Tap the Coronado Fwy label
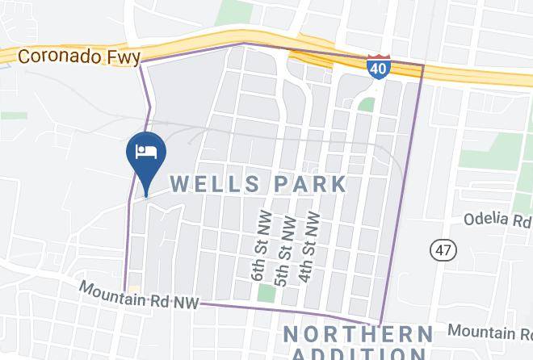tap(78, 57)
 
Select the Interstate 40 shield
tap(376, 68)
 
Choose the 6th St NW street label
tap(259, 247)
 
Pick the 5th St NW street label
tap(283, 247)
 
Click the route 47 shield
tap(442, 249)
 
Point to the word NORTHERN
tap(357, 334)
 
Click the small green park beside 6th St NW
tap(266, 293)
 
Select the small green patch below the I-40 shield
tap(367, 104)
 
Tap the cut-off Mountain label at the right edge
tap(490, 332)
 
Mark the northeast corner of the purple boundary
tap(423, 64)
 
